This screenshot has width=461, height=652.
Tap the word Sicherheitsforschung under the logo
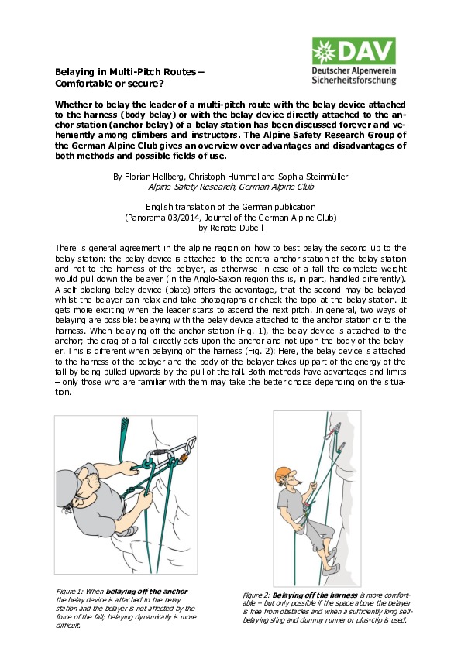click(x=353, y=79)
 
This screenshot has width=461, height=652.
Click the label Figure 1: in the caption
click(x=71, y=592)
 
